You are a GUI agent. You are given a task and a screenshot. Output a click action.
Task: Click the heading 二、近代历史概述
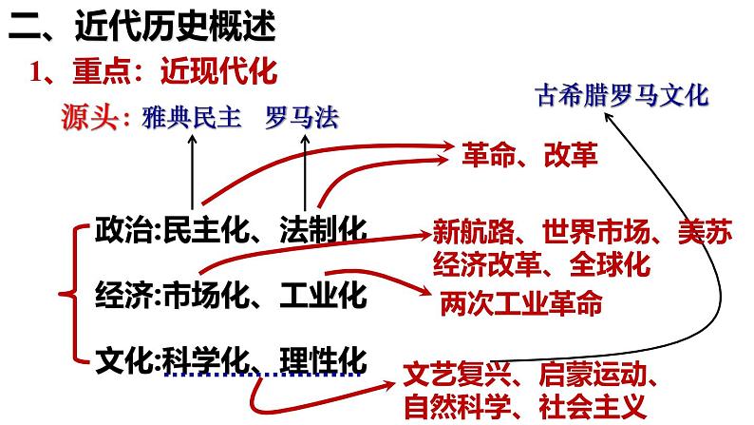[x=143, y=28]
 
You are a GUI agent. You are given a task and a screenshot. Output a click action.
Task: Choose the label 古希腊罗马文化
[x=622, y=95]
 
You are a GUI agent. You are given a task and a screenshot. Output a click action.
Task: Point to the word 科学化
[x=211, y=361]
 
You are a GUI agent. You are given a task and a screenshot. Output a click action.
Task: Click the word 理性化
[x=324, y=361]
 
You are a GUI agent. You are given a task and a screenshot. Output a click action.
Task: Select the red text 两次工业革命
[x=521, y=302]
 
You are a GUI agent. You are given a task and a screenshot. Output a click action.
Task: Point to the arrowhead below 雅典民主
[x=193, y=139]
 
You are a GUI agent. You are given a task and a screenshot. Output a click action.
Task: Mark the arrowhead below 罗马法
[x=305, y=139]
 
